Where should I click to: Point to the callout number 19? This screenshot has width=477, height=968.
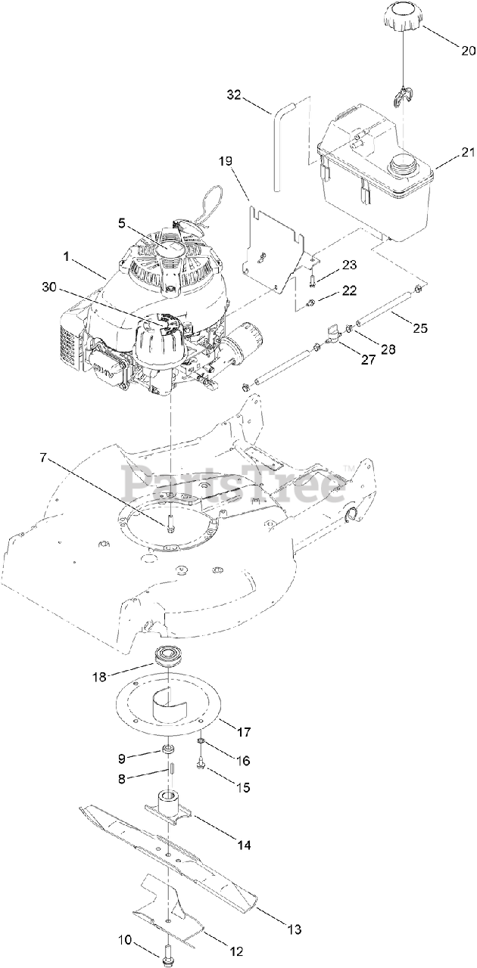226,161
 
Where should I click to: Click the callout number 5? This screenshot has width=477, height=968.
120,223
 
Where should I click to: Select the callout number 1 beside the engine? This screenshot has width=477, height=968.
67,257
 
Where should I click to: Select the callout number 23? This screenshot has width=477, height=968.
349,265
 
